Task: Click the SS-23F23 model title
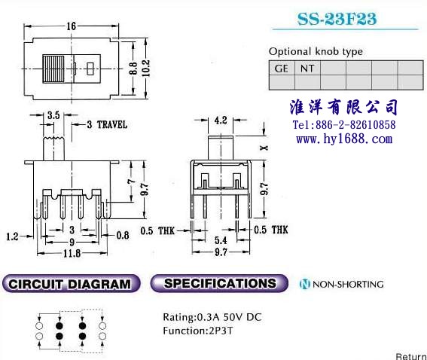click(337, 19)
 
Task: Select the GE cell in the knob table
click(282, 68)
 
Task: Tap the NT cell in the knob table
click(307, 68)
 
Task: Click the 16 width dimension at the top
click(72, 26)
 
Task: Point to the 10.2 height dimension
click(146, 68)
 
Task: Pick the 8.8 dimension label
click(133, 69)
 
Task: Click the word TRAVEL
click(112, 125)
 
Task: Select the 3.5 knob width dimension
click(53, 115)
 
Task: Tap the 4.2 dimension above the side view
click(221, 120)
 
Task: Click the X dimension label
click(264, 148)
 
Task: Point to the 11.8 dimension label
click(72, 254)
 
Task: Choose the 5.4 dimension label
click(221, 240)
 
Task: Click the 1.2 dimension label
click(12, 236)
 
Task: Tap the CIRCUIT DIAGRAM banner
click(72, 284)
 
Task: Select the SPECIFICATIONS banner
click(219, 283)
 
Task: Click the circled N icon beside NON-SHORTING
click(305, 284)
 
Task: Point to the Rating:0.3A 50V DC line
click(212, 317)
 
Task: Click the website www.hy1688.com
click(344, 139)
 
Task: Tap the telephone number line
click(344, 125)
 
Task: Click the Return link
click(411, 356)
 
